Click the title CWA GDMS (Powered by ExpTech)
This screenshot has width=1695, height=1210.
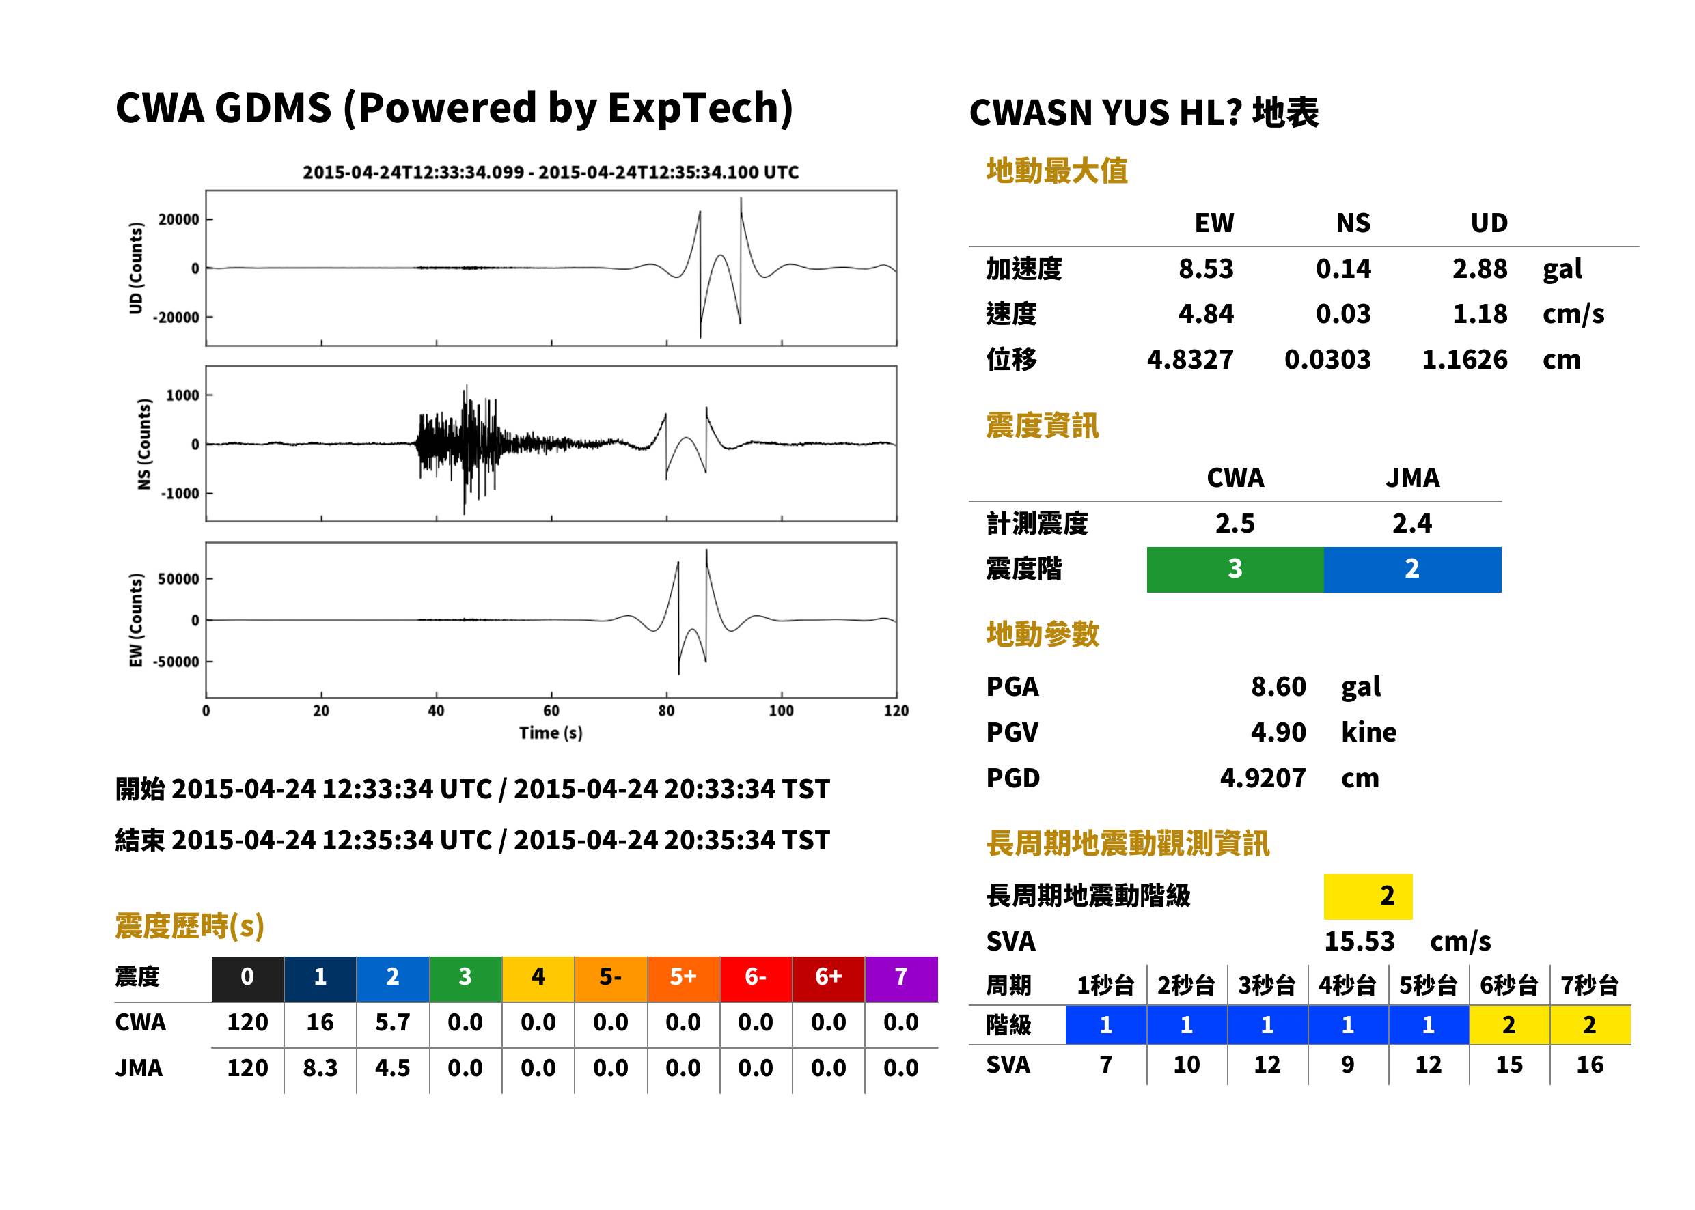point(454,109)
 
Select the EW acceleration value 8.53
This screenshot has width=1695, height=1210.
point(1205,269)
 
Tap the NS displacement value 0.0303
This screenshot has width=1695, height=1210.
point(1327,360)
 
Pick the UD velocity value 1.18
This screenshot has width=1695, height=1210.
point(1480,314)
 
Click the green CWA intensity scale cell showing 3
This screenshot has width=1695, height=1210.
point(1235,569)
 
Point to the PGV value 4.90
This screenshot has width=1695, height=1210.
point(1278,733)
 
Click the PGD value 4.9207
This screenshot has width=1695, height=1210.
point(1263,778)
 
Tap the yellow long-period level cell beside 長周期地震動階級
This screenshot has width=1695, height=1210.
point(1368,897)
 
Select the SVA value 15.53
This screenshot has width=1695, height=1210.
point(1359,942)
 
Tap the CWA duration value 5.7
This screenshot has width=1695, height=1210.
point(393,1023)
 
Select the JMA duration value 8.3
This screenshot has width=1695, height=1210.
point(320,1069)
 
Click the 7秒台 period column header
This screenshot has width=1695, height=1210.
point(1590,986)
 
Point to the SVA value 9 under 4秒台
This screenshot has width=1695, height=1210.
point(1348,1065)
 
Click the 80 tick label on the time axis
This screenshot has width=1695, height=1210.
point(666,711)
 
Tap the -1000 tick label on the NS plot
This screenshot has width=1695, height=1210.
point(180,493)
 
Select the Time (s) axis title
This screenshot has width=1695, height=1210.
point(551,733)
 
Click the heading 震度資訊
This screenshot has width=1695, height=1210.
point(1042,426)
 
